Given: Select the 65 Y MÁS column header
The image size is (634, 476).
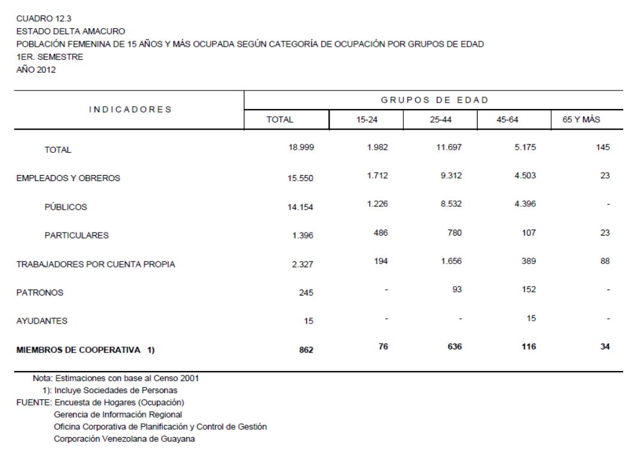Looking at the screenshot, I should click(x=589, y=120).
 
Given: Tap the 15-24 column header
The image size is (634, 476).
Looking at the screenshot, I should click(x=366, y=120).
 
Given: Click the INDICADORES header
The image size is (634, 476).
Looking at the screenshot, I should click(x=130, y=109).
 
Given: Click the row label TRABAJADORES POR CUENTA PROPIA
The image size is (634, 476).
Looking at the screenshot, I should click(x=95, y=264).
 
